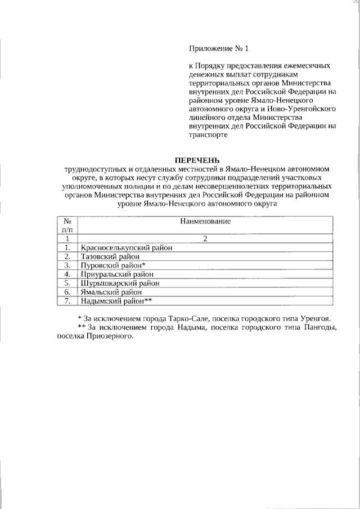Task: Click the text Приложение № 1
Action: point(218,48)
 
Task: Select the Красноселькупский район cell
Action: point(126,247)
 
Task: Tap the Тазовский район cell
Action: point(108,256)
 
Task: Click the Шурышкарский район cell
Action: point(119,283)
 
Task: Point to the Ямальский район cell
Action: point(111,292)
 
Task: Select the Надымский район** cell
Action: point(116,301)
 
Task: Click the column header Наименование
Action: point(205,222)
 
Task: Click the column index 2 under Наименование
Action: point(205,238)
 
